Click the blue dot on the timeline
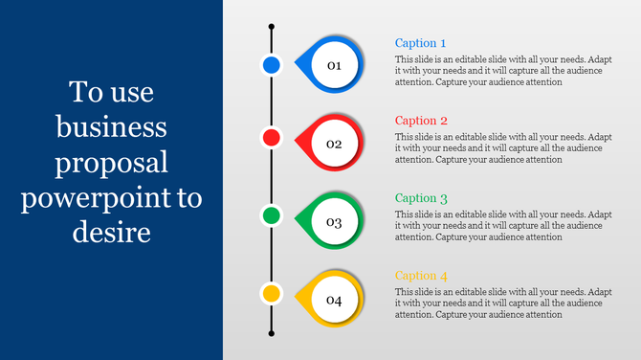click(x=272, y=65)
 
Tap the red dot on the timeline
click(x=272, y=138)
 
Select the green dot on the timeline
click(x=272, y=215)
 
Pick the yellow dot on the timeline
click(x=272, y=293)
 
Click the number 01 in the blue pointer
click(x=334, y=66)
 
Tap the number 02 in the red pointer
click(x=334, y=145)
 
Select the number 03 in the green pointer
click(x=334, y=222)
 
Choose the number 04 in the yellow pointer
click(x=334, y=301)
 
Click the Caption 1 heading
click(x=421, y=43)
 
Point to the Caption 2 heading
click(x=421, y=121)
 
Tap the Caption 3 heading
click(x=421, y=198)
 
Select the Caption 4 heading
click(x=421, y=276)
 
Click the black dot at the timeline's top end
click(x=272, y=27)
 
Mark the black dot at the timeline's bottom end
click(x=272, y=333)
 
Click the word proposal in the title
click(x=112, y=164)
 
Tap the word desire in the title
click(x=112, y=233)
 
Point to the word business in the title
click(x=112, y=128)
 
